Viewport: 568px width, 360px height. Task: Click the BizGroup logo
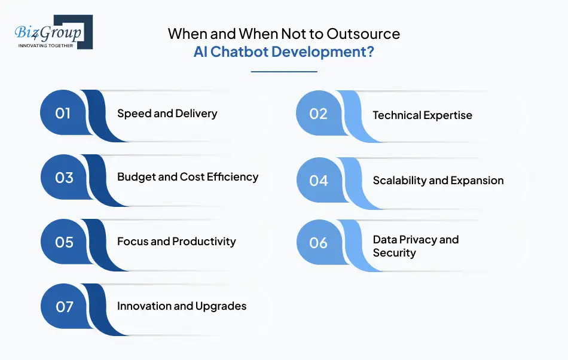click(54, 32)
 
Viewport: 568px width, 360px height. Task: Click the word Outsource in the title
click(364, 33)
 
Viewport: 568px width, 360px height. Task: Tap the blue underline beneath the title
click(284, 72)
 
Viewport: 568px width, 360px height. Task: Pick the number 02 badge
click(319, 114)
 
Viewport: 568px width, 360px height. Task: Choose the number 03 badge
click(64, 178)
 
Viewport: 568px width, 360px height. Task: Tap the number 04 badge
click(319, 181)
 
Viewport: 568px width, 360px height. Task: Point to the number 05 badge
click(64, 242)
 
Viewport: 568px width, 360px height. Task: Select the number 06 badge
click(319, 243)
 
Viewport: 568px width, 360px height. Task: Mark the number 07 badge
click(64, 307)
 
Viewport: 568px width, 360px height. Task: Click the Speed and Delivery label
click(167, 114)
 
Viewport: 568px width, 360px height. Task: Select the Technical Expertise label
click(422, 115)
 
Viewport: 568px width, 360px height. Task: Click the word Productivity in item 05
click(204, 242)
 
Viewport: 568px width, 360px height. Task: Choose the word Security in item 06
click(394, 253)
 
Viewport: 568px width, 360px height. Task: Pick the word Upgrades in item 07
click(221, 306)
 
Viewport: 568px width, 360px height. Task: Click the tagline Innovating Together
click(45, 45)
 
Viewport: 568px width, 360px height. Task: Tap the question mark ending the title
click(370, 52)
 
